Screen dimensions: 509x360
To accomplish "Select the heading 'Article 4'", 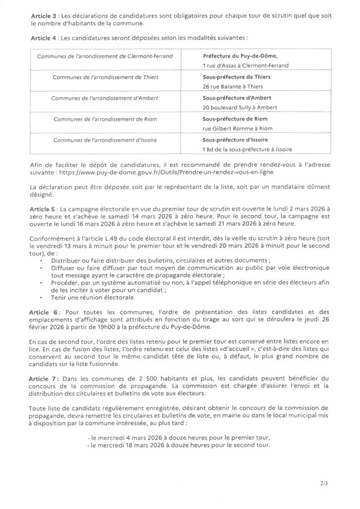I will pos(44,37).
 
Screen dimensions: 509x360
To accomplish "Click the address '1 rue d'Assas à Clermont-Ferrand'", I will pos(246,66).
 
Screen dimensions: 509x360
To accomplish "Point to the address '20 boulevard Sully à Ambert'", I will pos(237,108).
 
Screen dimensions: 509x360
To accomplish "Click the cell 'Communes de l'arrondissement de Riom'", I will pos(105,119).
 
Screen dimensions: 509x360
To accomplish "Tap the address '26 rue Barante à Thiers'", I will pos(231,87).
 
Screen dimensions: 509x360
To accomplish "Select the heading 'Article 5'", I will pos(44,211).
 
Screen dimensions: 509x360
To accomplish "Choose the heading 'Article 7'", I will pos(44,379).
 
